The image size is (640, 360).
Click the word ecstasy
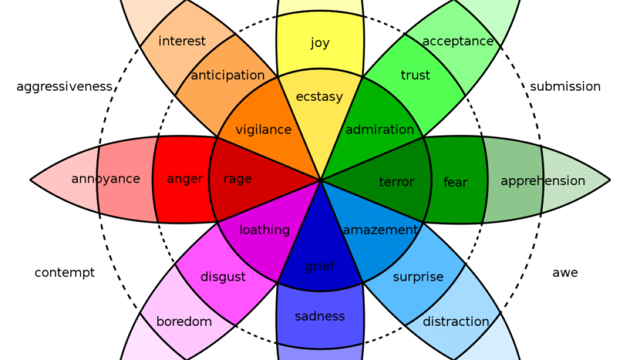319,97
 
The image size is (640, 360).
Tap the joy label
320,43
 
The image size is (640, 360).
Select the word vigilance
263,130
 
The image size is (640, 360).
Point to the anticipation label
228,75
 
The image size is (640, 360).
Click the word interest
182,41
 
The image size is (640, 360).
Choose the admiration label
380,130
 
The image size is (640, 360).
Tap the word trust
415,75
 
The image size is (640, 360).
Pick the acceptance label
458,41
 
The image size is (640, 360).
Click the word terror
396,182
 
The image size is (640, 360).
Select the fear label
455,182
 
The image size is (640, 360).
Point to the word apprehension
542,181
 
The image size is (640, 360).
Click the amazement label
380,230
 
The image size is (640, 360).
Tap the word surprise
418,277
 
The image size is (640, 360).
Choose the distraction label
456,322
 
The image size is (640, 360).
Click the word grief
320,266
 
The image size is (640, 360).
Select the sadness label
320,316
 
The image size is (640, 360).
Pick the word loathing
265,230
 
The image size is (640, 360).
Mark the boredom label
184,322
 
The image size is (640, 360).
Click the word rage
237,179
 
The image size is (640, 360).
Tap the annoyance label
106,179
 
